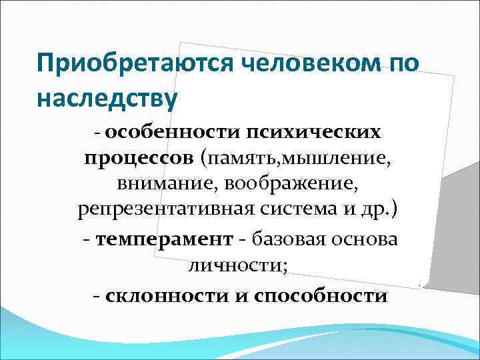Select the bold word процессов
coord(137,159)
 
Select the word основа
coord(368,240)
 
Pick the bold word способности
coord(321,295)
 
